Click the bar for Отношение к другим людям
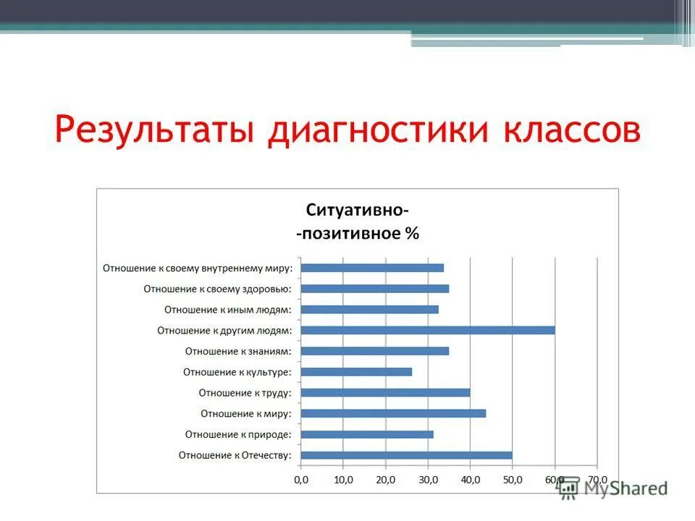[427, 330]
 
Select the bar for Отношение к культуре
[356, 372]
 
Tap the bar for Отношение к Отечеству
[406, 455]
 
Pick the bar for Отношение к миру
[393, 413]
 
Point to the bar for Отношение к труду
[385, 393]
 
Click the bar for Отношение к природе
[367, 434]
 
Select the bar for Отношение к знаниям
[374, 351]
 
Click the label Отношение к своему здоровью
[217, 289]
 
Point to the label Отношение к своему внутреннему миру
[197, 268]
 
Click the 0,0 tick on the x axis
[301, 479]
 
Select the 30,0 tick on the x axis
[428, 479]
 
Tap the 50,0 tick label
[513, 479]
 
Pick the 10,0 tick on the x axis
[343, 479]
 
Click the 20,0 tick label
[386, 479]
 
